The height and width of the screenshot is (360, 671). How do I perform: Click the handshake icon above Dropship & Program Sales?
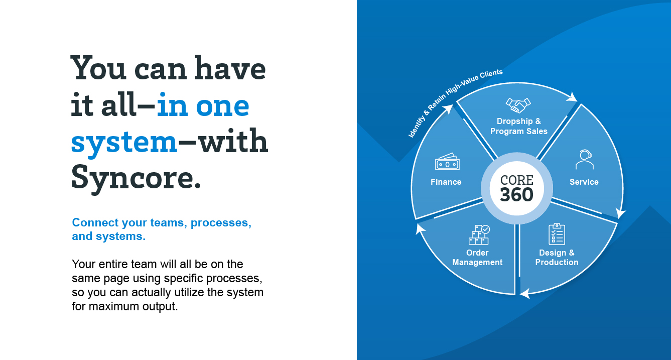click(x=518, y=105)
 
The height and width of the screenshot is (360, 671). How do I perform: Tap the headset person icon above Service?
click(x=585, y=160)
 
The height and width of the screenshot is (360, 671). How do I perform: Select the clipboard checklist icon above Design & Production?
click(x=557, y=234)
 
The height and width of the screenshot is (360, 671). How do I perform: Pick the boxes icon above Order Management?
click(x=479, y=234)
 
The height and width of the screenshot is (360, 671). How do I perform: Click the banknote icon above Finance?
click(x=447, y=162)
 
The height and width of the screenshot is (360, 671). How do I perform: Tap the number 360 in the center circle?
click(x=517, y=194)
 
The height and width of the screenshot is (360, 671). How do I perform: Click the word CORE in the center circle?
click(x=517, y=180)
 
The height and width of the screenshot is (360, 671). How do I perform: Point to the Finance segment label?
click(x=446, y=182)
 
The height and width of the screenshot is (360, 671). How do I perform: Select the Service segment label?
click(x=584, y=182)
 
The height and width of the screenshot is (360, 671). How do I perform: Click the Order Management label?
click(x=477, y=258)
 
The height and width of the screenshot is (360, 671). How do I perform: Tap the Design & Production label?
click(x=557, y=258)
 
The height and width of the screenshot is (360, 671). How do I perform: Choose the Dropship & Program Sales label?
click(x=519, y=126)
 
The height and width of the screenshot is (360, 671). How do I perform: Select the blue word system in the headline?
click(x=124, y=143)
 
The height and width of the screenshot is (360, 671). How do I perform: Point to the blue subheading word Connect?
click(x=95, y=223)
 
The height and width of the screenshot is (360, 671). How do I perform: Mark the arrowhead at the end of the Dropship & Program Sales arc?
click(x=573, y=97)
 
